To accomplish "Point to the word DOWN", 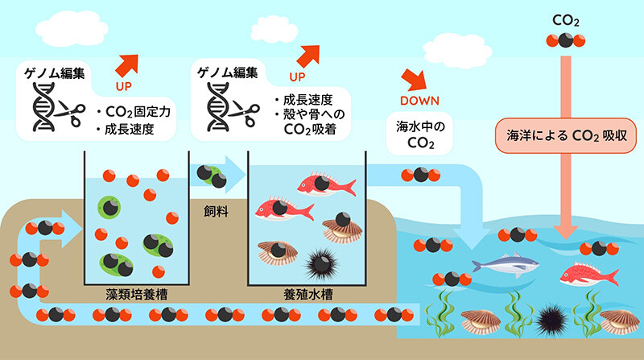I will pyautogui.click(x=416, y=101).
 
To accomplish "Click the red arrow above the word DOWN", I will pyautogui.click(x=415, y=78).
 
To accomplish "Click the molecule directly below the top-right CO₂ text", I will pyautogui.click(x=563, y=41).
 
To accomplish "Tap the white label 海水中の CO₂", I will pyautogui.click(x=415, y=134).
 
